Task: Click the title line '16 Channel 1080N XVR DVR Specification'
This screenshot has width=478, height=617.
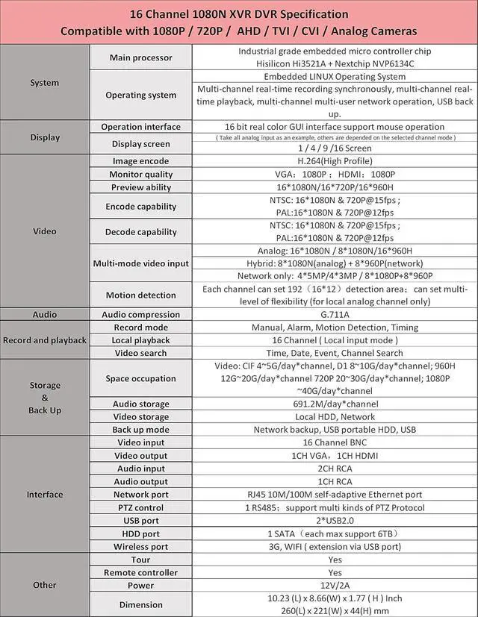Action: click(239, 14)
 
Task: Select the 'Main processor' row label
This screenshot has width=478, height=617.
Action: click(140, 57)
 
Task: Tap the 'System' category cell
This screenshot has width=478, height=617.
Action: click(45, 82)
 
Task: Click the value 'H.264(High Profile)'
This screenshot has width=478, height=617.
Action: click(334, 160)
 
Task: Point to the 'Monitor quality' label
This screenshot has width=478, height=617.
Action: click(140, 174)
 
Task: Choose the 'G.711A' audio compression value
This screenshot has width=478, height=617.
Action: click(334, 314)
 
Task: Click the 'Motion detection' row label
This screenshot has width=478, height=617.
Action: click(140, 295)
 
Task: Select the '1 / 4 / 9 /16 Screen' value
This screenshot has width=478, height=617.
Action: click(334, 148)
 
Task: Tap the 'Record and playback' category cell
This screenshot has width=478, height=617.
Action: click(45, 340)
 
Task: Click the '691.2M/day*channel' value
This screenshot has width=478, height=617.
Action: click(334, 404)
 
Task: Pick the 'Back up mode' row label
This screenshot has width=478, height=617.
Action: click(140, 430)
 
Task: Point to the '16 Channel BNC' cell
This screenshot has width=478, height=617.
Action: click(334, 442)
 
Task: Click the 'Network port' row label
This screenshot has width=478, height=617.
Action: click(140, 494)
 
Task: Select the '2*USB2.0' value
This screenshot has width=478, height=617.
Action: click(334, 520)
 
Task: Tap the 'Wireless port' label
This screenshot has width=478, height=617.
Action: click(140, 546)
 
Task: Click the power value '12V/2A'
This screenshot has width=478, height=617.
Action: click(334, 585)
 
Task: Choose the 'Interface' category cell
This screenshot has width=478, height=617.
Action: click(45, 494)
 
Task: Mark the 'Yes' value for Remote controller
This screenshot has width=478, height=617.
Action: click(334, 572)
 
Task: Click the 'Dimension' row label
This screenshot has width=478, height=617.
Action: click(140, 604)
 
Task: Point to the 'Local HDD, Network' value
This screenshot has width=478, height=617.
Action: click(334, 417)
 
